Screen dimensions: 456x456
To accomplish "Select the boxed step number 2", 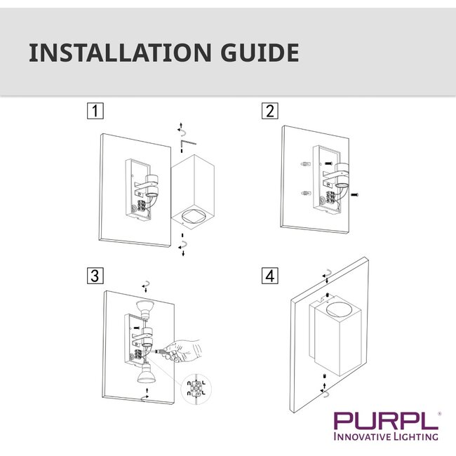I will [x=269, y=111].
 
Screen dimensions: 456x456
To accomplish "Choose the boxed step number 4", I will [x=269, y=275].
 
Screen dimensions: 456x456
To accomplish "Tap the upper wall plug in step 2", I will [x=304, y=165].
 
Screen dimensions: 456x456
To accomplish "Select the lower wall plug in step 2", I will [x=304, y=194].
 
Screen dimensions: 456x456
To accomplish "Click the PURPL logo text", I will [x=384, y=421].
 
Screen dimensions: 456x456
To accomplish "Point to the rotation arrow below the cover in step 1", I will [x=183, y=245].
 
